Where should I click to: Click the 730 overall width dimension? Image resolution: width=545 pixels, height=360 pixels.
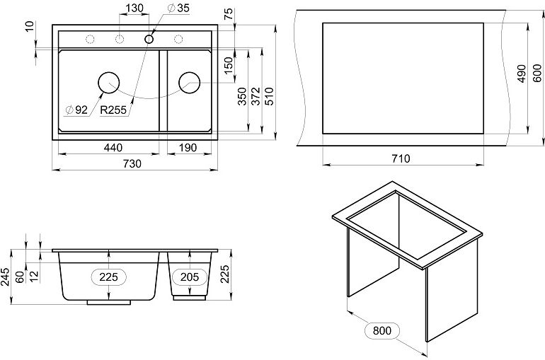pyautogui.click(x=132, y=163)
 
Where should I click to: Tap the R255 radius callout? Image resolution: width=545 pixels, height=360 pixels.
pyautogui.click(x=113, y=110)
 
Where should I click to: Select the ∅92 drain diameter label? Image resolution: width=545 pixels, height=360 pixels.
pyautogui.click(x=76, y=110)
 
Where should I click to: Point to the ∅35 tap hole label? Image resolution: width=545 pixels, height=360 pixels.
pyautogui.click(x=178, y=8)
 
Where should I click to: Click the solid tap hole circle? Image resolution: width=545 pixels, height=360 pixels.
pyautogui.click(x=149, y=39)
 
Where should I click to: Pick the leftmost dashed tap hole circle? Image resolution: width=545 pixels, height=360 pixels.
pyautogui.click(x=90, y=39)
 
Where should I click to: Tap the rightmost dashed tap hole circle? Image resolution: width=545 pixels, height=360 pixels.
pyautogui.click(x=178, y=39)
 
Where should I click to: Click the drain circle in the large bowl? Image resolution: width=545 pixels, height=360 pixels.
pyautogui.click(x=109, y=83)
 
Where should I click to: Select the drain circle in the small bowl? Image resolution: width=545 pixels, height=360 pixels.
pyautogui.click(x=190, y=83)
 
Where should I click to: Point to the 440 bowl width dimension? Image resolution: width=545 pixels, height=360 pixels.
pyautogui.click(x=113, y=148)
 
